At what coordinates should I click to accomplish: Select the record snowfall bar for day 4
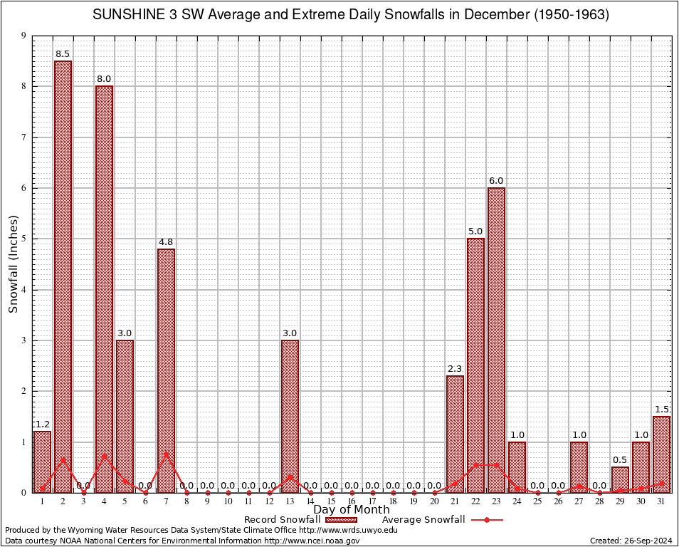coord(105,288)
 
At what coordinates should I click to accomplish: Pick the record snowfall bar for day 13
coord(290,416)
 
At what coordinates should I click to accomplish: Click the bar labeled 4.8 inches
coord(167,370)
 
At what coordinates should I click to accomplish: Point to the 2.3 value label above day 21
coord(456,368)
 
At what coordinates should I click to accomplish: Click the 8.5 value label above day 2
coord(63,54)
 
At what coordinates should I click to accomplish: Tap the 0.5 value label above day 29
coord(621,459)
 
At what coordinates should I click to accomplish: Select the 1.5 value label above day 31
coord(662,409)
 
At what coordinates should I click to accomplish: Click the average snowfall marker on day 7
coord(167,454)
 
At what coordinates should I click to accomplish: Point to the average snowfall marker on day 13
coord(290,476)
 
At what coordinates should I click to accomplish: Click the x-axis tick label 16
coord(352,501)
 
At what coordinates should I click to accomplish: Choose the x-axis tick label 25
coord(538,501)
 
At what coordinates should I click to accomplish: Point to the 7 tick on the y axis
coord(23,137)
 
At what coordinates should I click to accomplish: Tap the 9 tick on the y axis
coord(23,36)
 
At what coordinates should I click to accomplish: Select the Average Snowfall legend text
coord(423,520)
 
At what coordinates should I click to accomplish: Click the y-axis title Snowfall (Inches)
coord(13,264)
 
